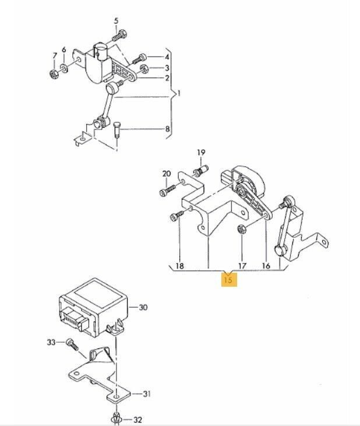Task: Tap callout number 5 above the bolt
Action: (x=115, y=22)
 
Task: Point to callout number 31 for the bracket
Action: (x=146, y=395)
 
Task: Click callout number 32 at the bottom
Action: (x=137, y=419)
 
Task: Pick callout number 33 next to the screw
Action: (x=51, y=341)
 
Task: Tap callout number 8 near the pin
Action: (x=167, y=129)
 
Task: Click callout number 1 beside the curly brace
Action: (x=179, y=93)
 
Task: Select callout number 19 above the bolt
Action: (x=201, y=153)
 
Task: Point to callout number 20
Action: (x=167, y=174)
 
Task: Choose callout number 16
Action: (x=266, y=266)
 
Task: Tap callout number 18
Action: (x=179, y=265)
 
